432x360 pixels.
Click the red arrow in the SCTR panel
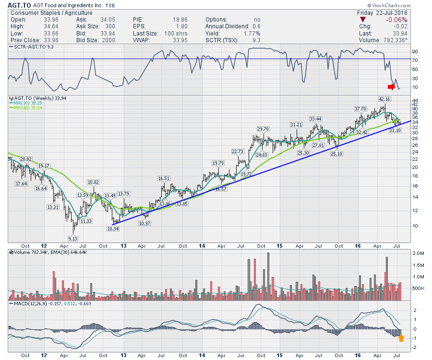392,87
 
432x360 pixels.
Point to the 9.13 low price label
73,239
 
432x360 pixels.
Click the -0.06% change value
396,20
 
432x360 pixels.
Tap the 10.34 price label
112,228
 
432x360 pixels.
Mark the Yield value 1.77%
252,34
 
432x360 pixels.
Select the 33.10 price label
395,130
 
